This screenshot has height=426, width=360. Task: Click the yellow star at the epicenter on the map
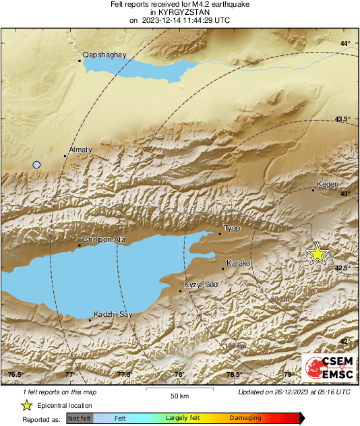[x=317, y=253]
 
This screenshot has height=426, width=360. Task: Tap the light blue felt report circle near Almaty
[x=37, y=164]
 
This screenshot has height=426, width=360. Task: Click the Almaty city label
[x=80, y=150]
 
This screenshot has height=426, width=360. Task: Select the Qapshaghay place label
[x=101, y=55]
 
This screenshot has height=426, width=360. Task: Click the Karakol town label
[x=239, y=262]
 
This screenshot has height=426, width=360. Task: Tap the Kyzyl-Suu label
[x=202, y=285]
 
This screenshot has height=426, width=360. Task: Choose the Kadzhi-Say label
[x=112, y=314]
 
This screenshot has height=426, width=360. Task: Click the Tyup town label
[x=232, y=229]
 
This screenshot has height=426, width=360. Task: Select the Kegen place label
[x=326, y=184]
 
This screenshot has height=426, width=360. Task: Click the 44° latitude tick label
[x=345, y=44]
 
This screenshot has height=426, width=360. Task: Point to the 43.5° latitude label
[x=343, y=119]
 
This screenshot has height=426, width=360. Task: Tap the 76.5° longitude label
[x=15, y=375]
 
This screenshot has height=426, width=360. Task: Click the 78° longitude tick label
[x=179, y=375]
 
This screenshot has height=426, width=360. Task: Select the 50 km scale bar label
[x=178, y=395]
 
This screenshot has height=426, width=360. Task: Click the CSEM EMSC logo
[x=328, y=367]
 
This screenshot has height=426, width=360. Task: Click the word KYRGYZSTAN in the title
[x=179, y=12]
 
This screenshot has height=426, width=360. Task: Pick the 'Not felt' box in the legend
[x=80, y=418]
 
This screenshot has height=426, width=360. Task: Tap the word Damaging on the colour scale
[x=245, y=418]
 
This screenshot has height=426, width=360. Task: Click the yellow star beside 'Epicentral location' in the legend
[x=26, y=405]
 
